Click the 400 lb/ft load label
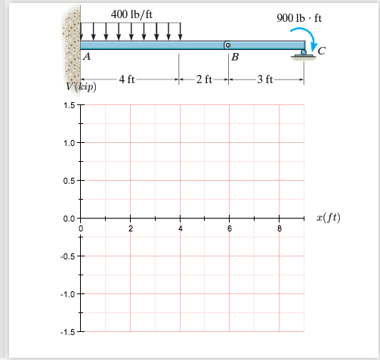tap(131, 14)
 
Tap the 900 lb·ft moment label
tap(299, 18)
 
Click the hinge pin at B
tap(227, 45)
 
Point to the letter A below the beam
tap(87, 56)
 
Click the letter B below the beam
tap(235, 57)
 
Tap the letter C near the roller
tap(322, 51)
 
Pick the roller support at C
tap(304, 54)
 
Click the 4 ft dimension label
tap(127, 79)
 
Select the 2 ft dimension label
tap(204, 79)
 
